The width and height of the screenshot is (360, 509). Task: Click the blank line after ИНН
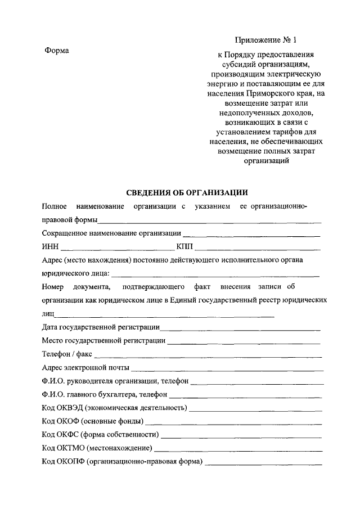pyautogui.click(x=117, y=249)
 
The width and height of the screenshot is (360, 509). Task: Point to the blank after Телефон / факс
pyautogui.click(x=208, y=357)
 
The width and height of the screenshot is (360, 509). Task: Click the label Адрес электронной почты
pyautogui.click(x=85, y=368)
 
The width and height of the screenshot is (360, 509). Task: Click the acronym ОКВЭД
pyautogui.click(x=70, y=408)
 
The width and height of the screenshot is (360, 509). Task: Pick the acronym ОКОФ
pyautogui.click(x=67, y=422)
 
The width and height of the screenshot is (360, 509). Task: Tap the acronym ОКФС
pyautogui.click(x=67, y=435)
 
